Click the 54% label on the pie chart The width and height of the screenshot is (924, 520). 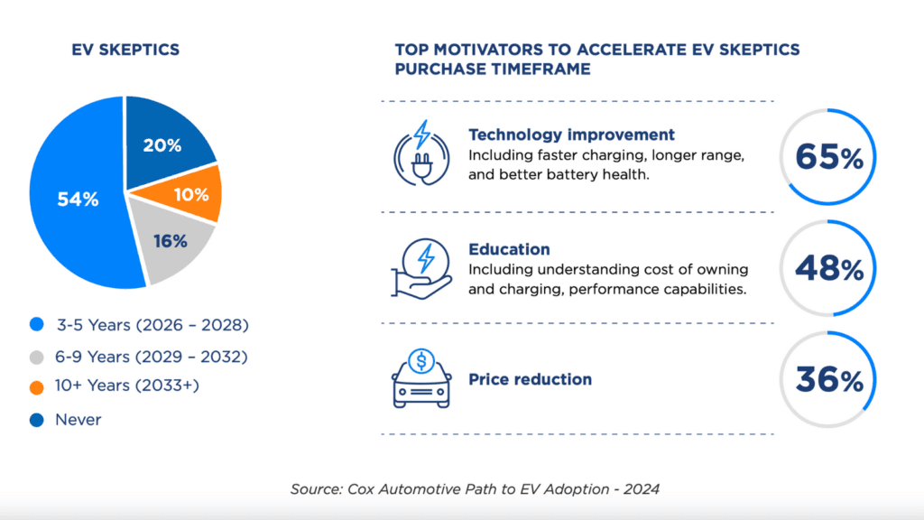78,200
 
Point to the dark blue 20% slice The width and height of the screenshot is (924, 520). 164,145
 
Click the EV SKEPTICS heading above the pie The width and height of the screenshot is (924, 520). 125,50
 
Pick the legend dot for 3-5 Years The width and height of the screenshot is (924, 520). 37,324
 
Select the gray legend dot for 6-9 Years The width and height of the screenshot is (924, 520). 37,357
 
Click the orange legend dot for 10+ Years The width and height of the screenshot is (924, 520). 37,387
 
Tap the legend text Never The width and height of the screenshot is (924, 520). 79,420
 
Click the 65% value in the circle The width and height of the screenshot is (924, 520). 829,158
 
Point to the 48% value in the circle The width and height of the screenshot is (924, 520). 829,268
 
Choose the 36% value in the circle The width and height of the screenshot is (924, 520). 829,380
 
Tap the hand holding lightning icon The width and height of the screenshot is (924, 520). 420,268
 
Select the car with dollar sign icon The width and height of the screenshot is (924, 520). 420,380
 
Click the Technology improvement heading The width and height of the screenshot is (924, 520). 571,135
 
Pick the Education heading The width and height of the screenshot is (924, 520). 509,249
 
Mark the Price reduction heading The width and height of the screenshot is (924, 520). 530,379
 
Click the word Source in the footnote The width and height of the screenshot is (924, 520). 313,488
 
